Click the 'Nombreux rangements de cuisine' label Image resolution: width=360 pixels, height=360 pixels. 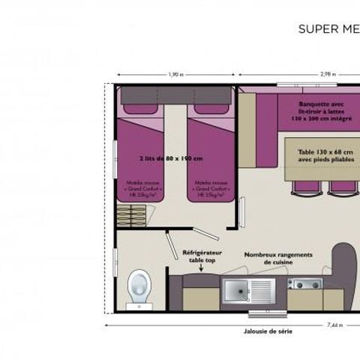pos(277,257)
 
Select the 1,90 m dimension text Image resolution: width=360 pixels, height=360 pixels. pos(175,74)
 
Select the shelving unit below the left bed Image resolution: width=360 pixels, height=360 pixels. pos(134,214)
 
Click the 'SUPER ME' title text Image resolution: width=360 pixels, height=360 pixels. pos(328,29)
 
